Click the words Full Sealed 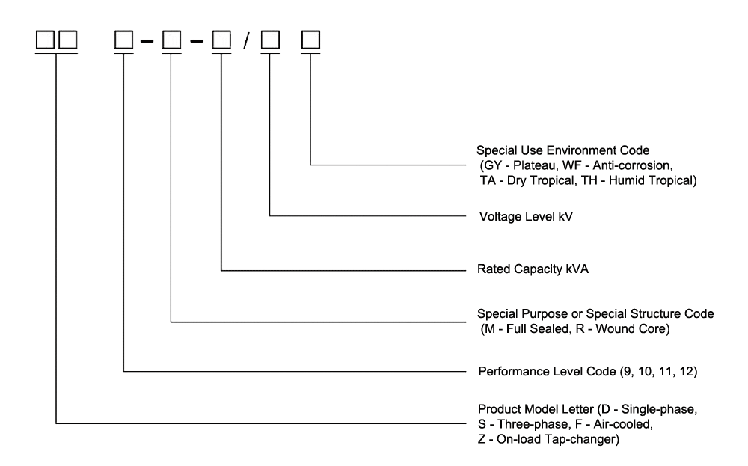[530, 328]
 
